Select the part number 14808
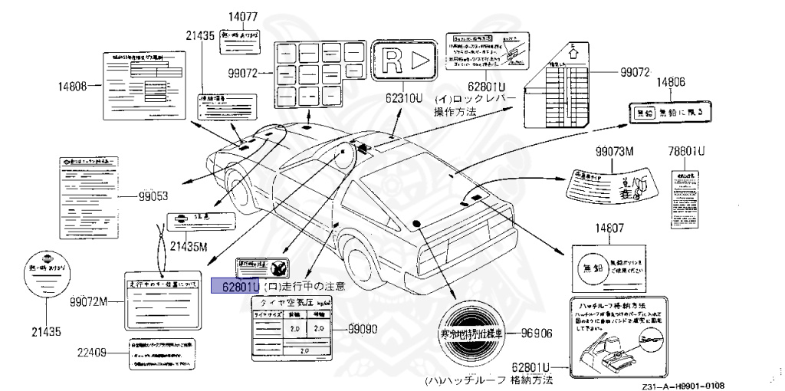coord(73,85)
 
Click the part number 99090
coord(362,327)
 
